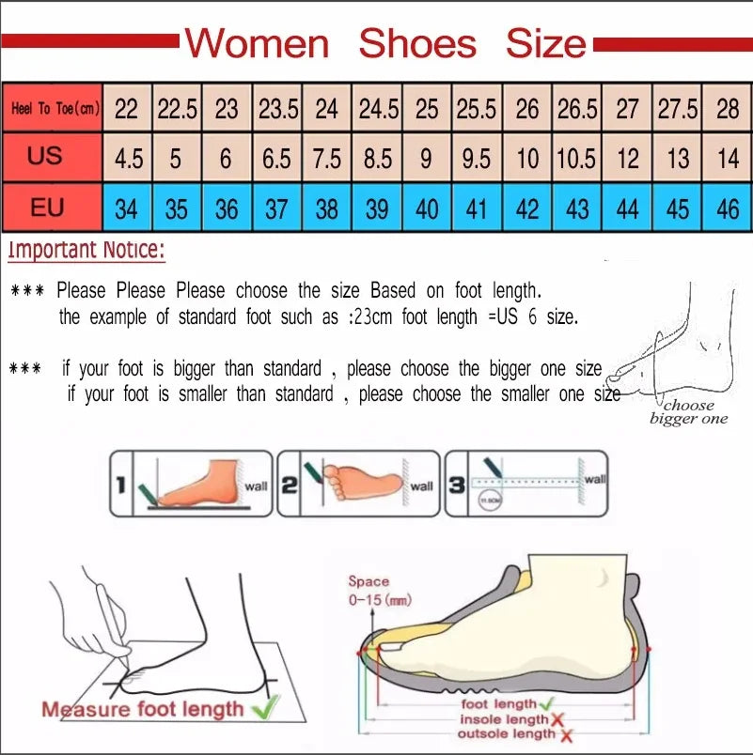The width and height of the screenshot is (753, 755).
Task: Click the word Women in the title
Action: click(x=257, y=43)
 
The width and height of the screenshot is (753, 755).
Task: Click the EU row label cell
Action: click(x=47, y=208)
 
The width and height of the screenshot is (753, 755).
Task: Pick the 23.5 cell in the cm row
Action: click(x=277, y=109)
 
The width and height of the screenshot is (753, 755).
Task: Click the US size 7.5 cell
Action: click(x=326, y=158)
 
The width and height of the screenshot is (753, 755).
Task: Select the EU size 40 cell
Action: click(x=427, y=208)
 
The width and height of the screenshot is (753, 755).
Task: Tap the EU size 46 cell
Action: click(x=728, y=208)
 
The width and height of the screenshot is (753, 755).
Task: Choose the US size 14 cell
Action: click(x=728, y=158)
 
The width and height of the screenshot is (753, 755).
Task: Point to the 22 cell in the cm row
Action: click(x=126, y=109)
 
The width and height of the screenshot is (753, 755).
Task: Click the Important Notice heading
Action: click(x=86, y=250)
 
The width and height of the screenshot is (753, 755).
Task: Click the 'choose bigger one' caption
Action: click(x=689, y=412)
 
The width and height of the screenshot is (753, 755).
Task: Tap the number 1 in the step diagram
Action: click(x=120, y=485)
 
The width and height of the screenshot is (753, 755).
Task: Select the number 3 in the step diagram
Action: click(x=456, y=485)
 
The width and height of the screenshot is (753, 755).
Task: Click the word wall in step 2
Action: click(x=421, y=485)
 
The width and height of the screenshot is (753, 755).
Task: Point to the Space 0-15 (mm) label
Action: click(x=379, y=591)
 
